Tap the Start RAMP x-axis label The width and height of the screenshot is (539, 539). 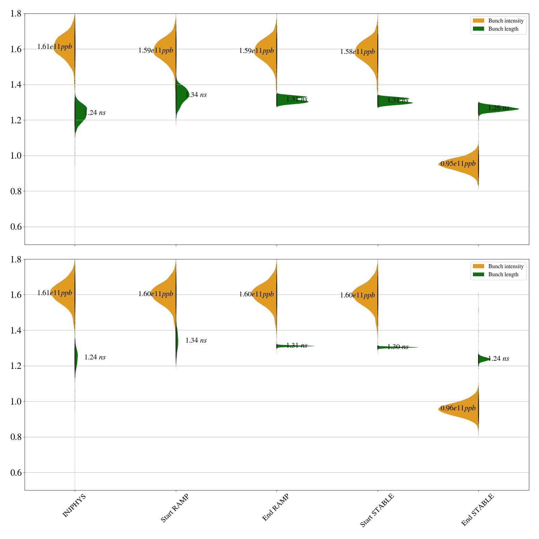tap(174, 508)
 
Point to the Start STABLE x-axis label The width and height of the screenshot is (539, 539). tap(377, 510)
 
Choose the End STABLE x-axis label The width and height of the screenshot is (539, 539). tap(477, 510)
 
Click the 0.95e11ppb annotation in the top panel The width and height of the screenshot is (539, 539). tap(458, 164)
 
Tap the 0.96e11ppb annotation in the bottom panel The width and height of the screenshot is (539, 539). tap(458, 408)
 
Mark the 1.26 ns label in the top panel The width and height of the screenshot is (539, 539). tap(498, 108)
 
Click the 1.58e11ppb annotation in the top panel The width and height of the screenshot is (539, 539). tap(357, 52)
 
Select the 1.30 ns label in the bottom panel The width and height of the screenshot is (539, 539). tap(398, 347)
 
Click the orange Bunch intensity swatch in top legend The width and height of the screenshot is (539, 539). tap(478, 21)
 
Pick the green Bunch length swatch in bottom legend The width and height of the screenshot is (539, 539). tap(478, 275)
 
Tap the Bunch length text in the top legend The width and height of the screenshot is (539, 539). tap(503, 29)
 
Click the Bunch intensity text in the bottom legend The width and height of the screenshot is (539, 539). tap(506, 266)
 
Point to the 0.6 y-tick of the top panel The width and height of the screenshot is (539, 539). tap(16, 227)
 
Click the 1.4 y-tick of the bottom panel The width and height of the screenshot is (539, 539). tap(16, 330)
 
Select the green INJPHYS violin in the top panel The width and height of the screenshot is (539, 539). tap(80, 111)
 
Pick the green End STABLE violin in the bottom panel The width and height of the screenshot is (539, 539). tap(482, 359)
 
